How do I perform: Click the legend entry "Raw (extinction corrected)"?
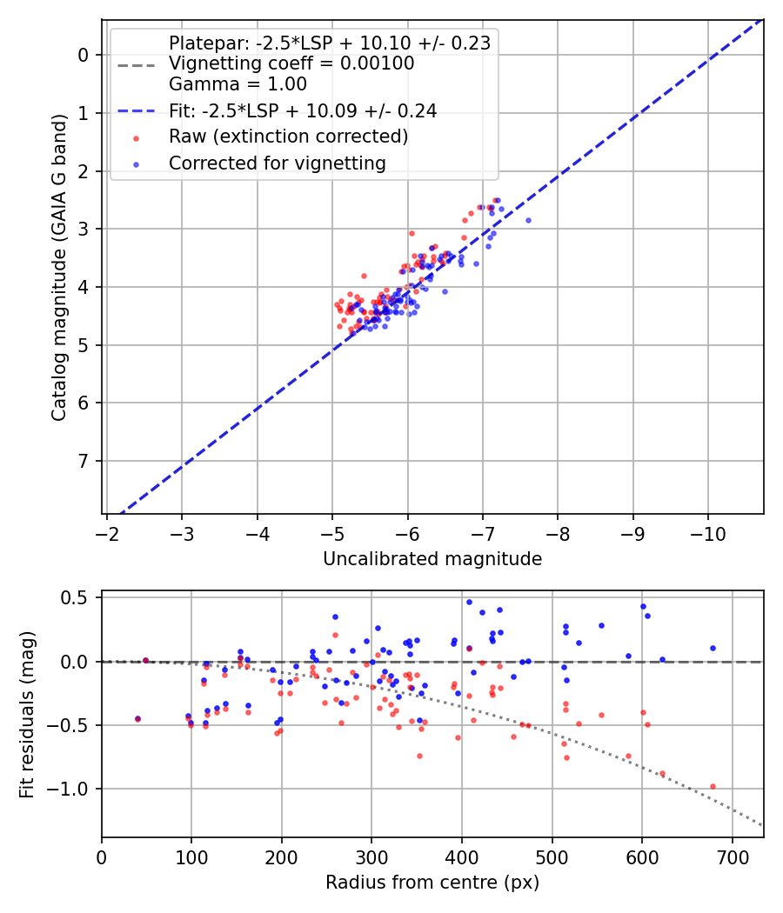(x=288, y=137)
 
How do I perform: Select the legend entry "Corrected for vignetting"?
(x=277, y=163)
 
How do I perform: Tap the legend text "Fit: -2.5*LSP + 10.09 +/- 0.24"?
(x=302, y=110)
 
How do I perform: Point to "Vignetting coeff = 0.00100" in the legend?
(x=291, y=63)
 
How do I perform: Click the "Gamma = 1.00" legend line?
(x=238, y=84)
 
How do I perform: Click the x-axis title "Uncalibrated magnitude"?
(x=432, y=559)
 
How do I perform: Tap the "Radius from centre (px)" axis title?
(x=432, y=883)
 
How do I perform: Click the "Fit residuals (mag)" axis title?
(x=27, y=715)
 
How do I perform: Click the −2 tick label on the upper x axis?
(x=106, y=530)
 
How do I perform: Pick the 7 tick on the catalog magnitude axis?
(x=84, y=461)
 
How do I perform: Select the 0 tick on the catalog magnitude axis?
(x=84, y=55)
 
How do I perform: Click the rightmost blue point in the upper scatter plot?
(x=528, y=220)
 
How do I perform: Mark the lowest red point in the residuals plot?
(x=713, y=786)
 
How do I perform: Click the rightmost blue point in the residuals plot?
(x=713, y=648)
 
